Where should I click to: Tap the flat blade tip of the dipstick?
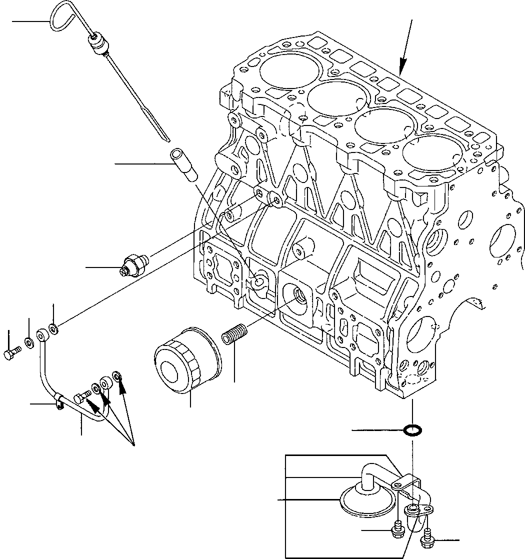tap(162, 130)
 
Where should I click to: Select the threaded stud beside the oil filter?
tap(235, 334)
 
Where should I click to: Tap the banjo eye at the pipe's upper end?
tap(41, 333)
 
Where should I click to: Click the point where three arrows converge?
tap(134, 444)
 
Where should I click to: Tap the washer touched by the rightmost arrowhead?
tap(117, 375)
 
